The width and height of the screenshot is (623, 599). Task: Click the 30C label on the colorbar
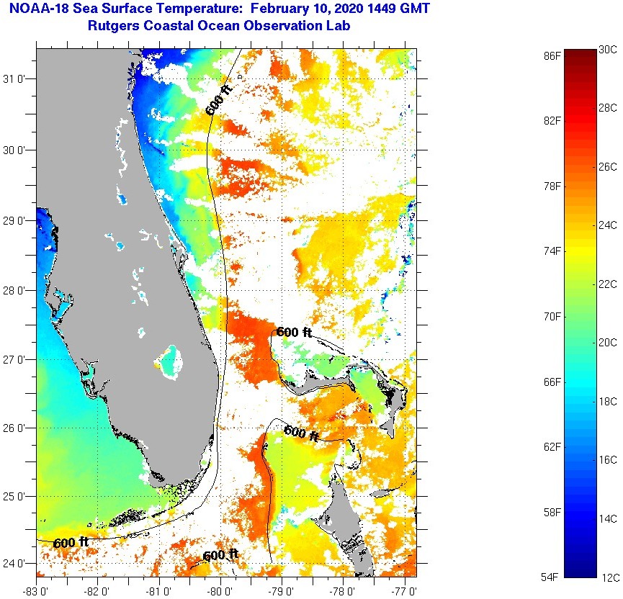608,49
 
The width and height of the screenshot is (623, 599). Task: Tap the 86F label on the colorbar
552,55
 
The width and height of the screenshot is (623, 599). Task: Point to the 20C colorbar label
608,342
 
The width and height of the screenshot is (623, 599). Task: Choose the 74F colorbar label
552,251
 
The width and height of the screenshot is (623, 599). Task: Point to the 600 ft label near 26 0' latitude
302,432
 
